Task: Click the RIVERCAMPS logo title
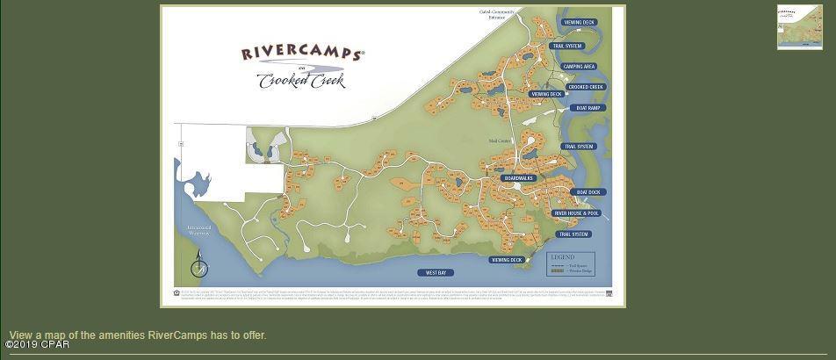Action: click(x=301, y=53)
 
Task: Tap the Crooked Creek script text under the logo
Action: click(x=301, y=81)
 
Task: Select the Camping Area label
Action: click(x=580, y=67)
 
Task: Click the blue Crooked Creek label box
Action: click(x=586, y=87)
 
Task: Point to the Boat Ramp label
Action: click(x=587, y=108)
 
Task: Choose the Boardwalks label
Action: click(x=518, y=178)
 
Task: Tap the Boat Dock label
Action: click(x=587, y=191)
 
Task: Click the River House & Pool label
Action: click(x=576, y=213)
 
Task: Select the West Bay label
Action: click(x=436, y=273)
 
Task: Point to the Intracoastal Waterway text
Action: click(x=199, y=230)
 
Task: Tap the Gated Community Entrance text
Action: click(x=497, y=13)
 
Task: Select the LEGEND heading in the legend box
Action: click(x=562, y=257)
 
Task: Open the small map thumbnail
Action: click(x=799, y=27)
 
